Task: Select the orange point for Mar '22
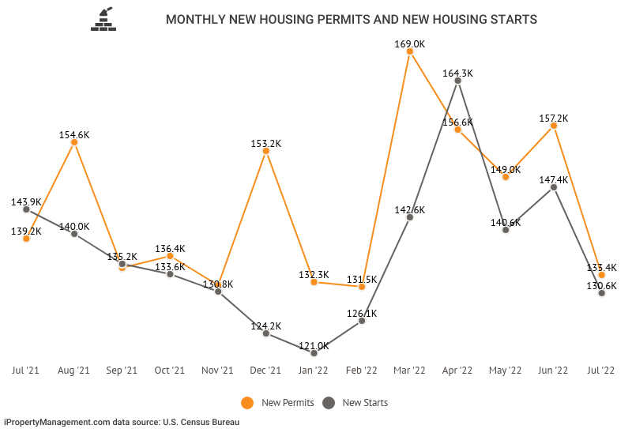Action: tap(410, 52)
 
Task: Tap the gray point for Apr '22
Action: tap(457, 81)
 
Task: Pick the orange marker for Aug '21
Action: tap(74, 142)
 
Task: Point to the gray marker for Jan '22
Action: tap(314, 353)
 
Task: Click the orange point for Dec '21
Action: tap(266, 151)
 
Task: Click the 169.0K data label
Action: tap(410, 44)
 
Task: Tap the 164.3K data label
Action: tap(457, 73)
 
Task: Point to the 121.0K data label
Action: tap(314, 345)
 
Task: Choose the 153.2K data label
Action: tap(266, 143)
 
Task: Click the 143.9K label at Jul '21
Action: tap(27, 201)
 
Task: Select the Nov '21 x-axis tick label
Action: tap(218, 370)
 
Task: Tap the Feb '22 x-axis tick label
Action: tap(362, 370)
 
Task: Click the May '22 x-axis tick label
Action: tap(506, 370)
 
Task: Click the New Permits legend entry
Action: tap(277, 403)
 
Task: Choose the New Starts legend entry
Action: tap(355, 403)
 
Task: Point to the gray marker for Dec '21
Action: tap(266, 333)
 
